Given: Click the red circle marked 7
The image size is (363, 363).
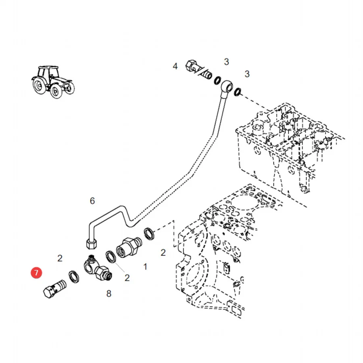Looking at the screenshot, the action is coord(36,273).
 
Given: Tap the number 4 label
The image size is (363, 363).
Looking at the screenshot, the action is coord(175,66).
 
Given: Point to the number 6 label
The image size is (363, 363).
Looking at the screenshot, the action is coord(92,201).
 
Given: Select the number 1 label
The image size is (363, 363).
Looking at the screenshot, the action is coord(145,267).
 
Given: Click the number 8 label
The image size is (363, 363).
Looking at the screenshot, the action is coord(109,294).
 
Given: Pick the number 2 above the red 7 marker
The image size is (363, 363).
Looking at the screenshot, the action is coord(60,258).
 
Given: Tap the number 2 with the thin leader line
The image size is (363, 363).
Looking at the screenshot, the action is coord(127,278).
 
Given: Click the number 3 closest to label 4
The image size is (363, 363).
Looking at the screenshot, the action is coord(226,62).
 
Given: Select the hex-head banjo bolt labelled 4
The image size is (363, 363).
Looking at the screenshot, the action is coord(199,69).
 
